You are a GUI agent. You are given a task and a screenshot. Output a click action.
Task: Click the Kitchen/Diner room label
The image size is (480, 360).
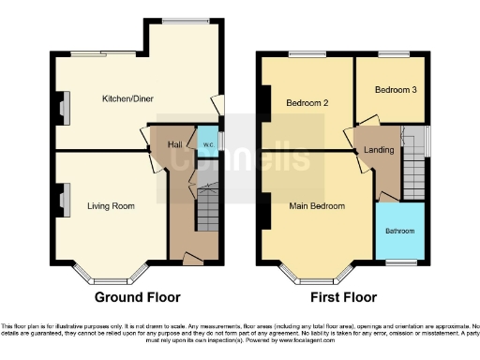pos(127,97)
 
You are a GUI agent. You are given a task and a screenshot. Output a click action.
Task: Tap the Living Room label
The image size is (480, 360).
pos(111,205)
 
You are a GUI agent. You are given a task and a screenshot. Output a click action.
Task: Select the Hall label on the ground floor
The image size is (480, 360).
pos(174,144)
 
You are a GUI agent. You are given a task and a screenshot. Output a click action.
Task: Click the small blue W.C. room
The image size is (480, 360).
pos(206,144)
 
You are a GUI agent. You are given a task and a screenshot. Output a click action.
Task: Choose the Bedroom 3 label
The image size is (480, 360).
pos(390,90)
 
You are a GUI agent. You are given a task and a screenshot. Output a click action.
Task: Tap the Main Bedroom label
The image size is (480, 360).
pos(316,206)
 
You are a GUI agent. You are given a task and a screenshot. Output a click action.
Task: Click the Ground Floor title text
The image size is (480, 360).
pos(137,297)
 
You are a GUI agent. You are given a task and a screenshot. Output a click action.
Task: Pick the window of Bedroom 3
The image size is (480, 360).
pos(390,54)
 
